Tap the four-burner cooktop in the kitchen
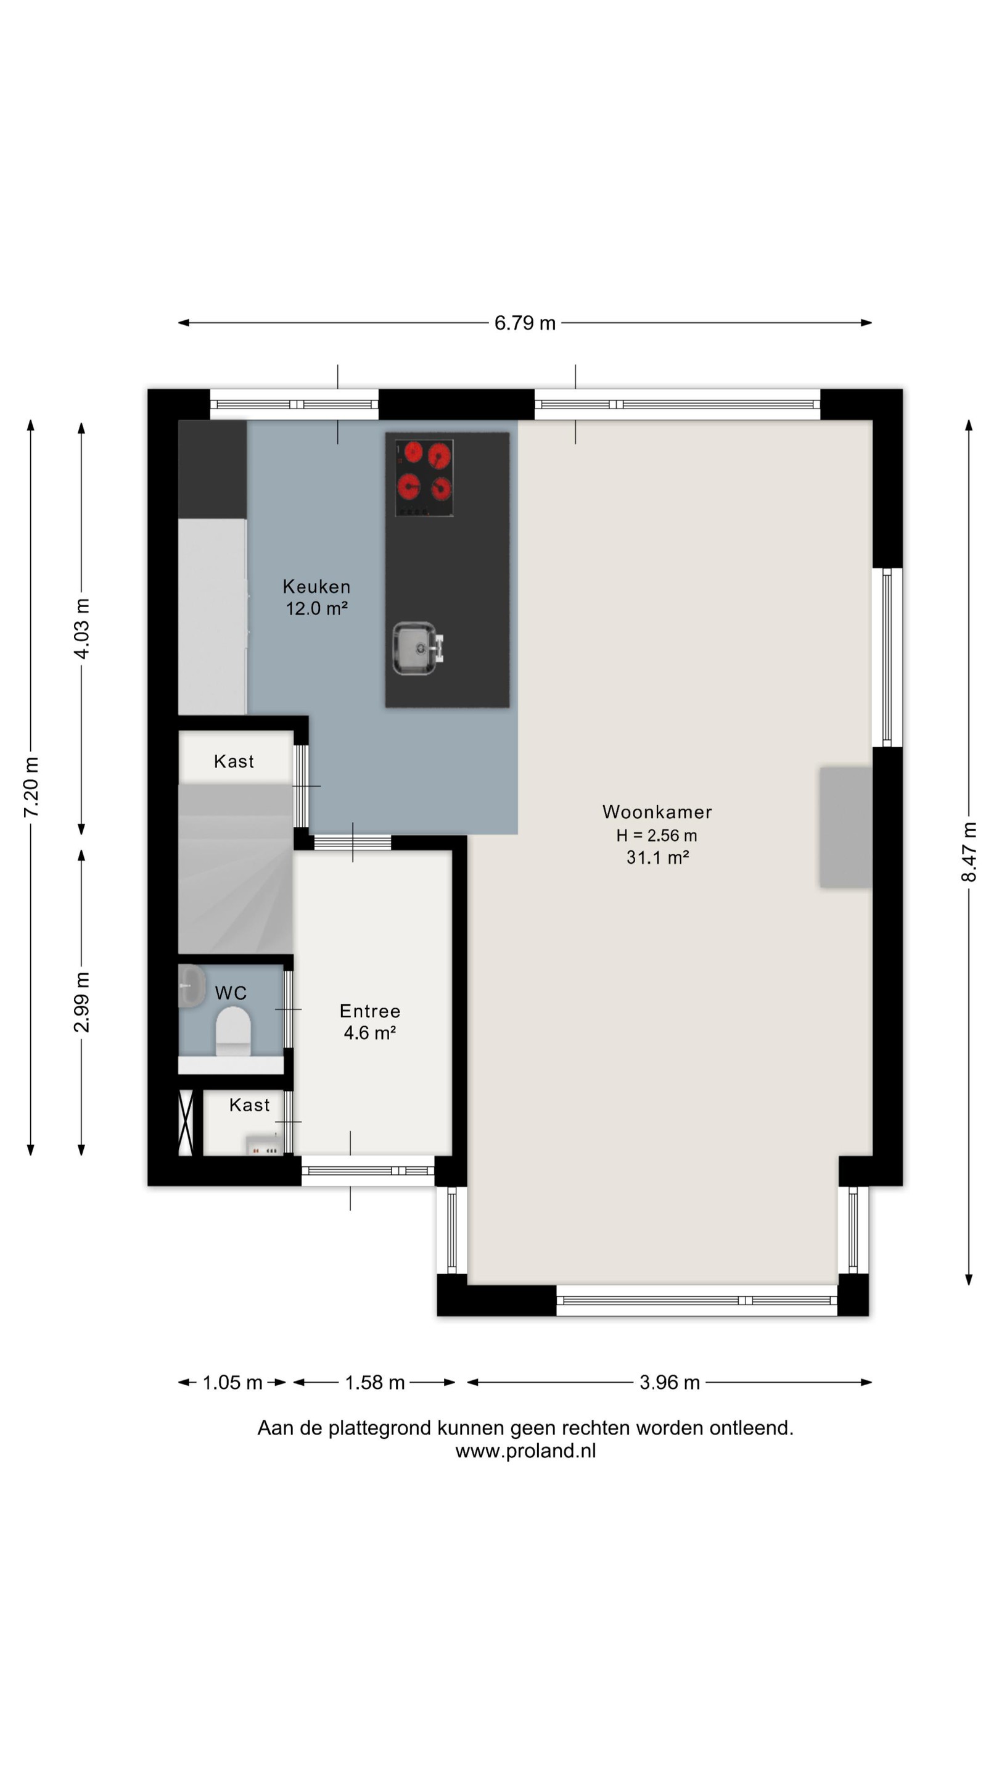[423, 478]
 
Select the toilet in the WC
[233, 1030]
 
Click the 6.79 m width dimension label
[525, 323]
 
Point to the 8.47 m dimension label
[968, 851]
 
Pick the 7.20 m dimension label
[31, 787]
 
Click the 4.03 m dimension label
[81, 629]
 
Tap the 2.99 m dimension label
[81, 1001]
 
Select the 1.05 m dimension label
[232, 1382]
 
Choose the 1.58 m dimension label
[374, 1382]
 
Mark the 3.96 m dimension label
[670, 1382]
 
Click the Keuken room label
[316, 586]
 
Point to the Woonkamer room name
[657, 812]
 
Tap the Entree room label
[369, 1011]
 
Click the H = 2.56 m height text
[656, 835]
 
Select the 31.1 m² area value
[657, 857]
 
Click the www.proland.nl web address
[525, 1451]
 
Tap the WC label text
[230, 993]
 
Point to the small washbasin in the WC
[192, 986]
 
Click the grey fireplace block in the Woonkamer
[845, 826]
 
